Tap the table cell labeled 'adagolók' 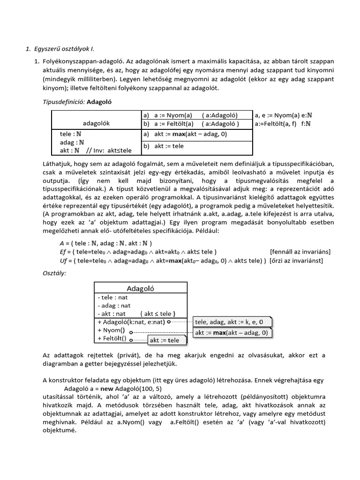click(x=96, y=123)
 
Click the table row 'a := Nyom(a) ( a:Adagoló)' click(x=192, y=115)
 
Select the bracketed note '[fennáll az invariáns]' click(x=300, y=251)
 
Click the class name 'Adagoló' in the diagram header click(x=141, y=288)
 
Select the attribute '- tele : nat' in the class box click(x=112, y=297)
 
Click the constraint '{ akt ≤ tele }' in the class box click(x=157, y=314)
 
